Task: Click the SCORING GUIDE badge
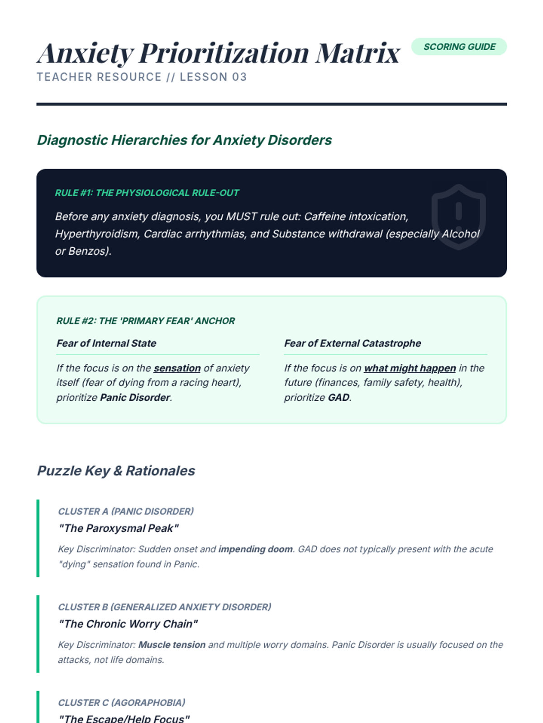(459, 47)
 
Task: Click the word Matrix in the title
(357, 53)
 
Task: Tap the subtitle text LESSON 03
(213, 77)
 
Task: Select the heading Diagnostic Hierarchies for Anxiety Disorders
(184, 140)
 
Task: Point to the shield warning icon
(458, 216)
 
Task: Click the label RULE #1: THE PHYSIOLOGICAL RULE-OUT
(147, 193)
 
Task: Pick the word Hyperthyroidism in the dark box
(97, 234)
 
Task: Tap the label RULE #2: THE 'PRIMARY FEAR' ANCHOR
(145, 321)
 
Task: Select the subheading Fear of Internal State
(106, 343)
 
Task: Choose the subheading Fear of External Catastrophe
(352, 343)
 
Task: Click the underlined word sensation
(177, 368)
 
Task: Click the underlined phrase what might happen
(410, 368)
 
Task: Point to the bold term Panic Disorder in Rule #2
(135, 398)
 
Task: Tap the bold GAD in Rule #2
(338, 398)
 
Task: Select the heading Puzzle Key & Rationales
(116, 471)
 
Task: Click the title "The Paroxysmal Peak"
(119, 528)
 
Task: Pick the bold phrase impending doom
(255, 549)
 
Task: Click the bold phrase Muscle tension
(172, 645)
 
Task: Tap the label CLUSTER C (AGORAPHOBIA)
(122, 703)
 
